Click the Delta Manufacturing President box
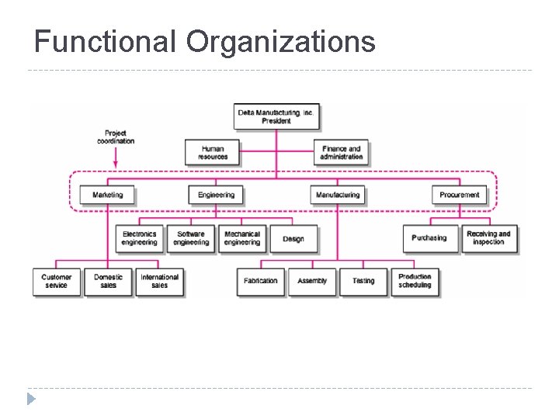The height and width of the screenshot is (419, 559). click(276, 116)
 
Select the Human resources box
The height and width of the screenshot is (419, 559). click(212, 152)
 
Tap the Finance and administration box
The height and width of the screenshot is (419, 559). click(341, 152)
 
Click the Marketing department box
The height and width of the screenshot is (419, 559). click(107, 195)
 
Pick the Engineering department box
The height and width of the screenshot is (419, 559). click(215, 195)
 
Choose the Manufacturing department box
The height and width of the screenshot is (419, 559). click(338, 195)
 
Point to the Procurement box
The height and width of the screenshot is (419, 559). click(459, 195)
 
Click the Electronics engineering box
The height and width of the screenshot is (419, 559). click(139, 238)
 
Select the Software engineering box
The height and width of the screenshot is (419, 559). click(191, 238)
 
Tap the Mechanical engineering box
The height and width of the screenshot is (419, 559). click(242, 238)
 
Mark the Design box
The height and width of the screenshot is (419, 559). click(293, 239)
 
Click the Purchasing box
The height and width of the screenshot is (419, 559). click(429, 238)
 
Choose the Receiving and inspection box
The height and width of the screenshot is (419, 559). click(488, 238)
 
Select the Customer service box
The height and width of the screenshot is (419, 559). click(56, 281)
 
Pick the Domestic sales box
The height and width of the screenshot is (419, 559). click(108, 281)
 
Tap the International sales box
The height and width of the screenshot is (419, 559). click(159, 281)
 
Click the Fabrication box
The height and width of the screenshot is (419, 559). click(260, 281)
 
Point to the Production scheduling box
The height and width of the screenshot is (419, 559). click(415, 281)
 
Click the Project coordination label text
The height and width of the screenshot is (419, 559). click(116, 137)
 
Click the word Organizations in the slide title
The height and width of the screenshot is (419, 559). click(280, 41)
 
